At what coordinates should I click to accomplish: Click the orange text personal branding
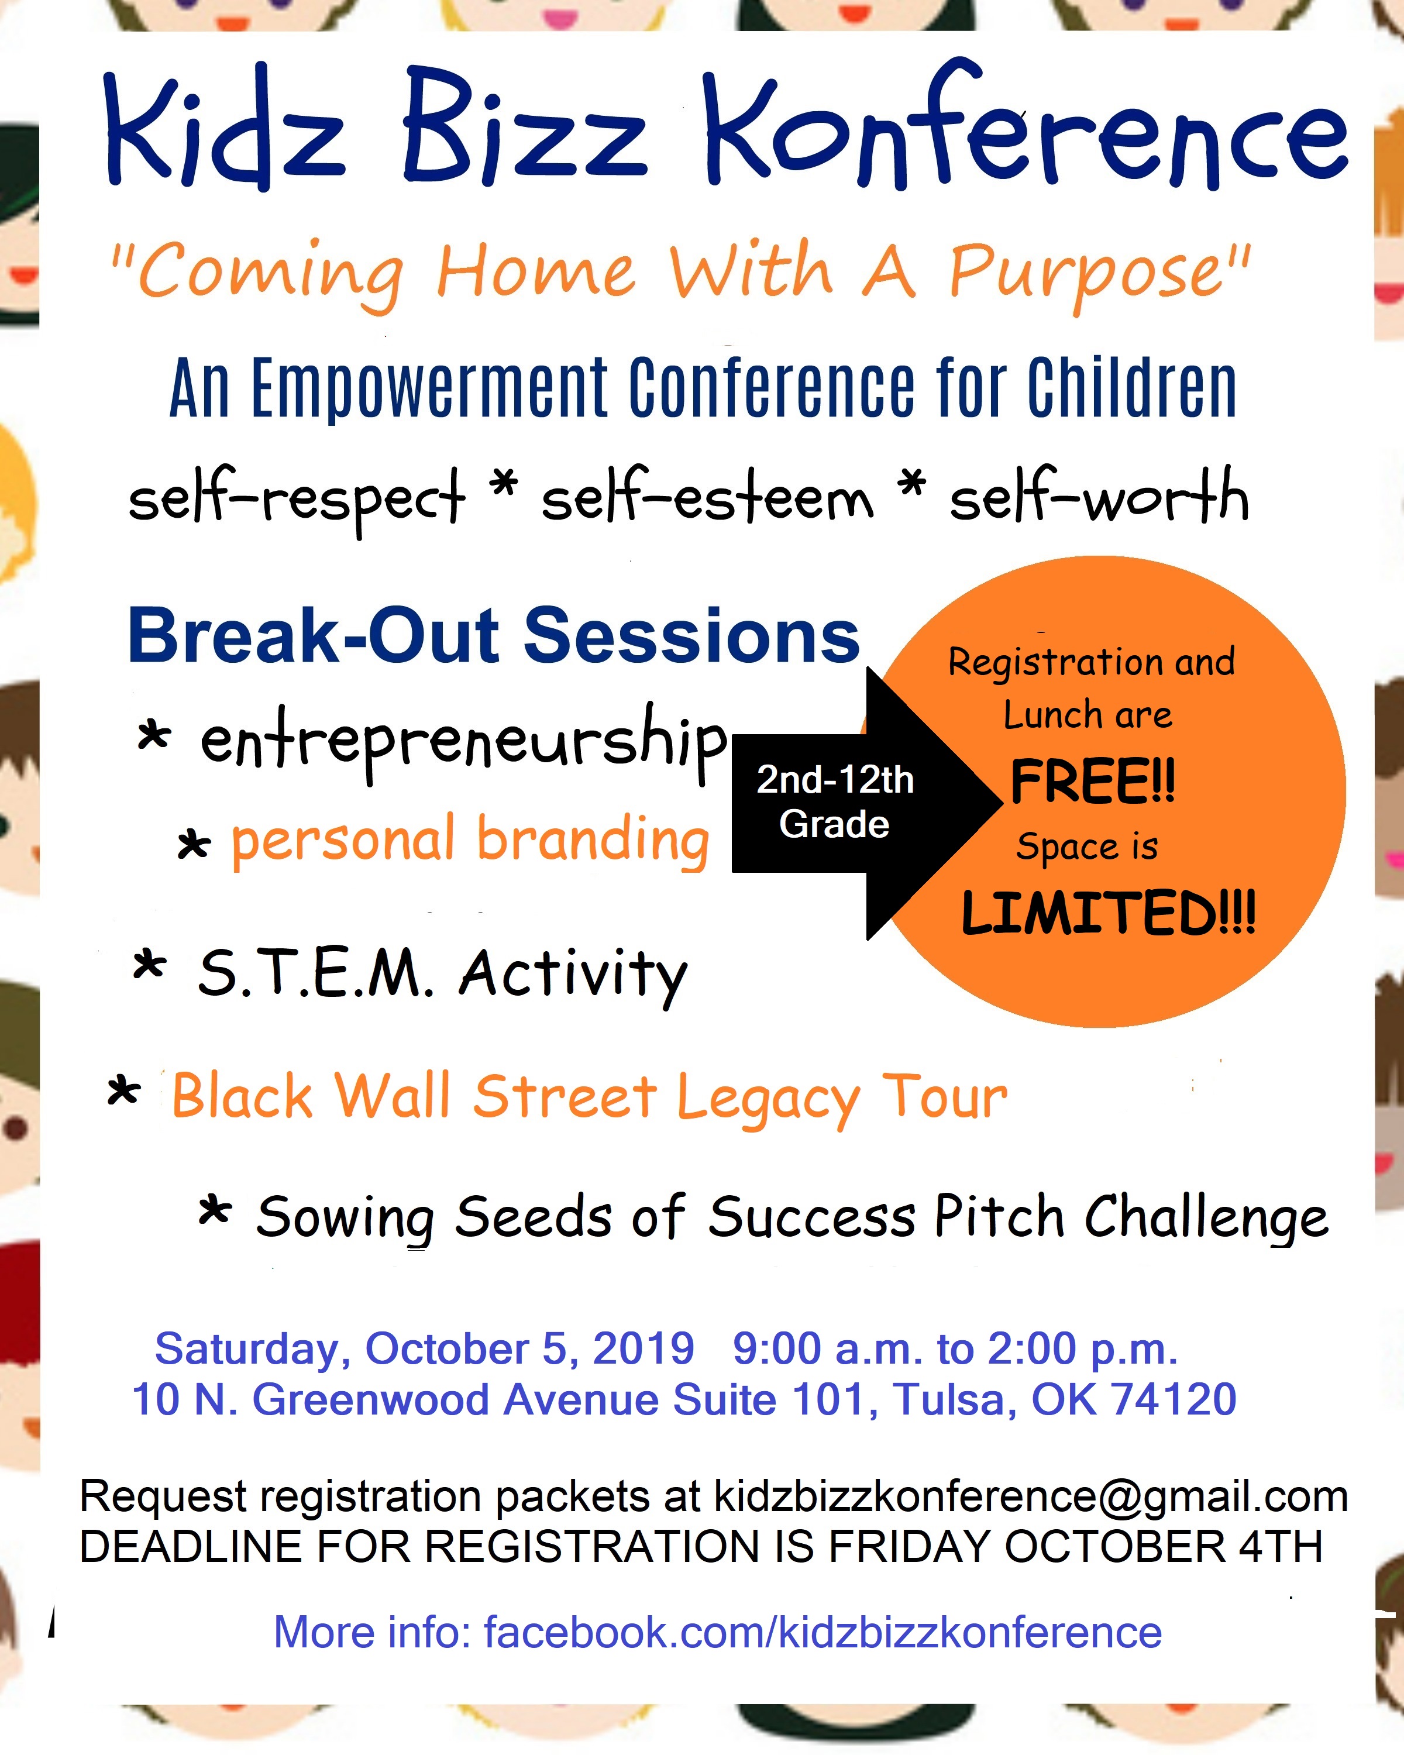click(x=470, y=840)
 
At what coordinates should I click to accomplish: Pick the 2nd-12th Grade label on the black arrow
click(x=835, y=802)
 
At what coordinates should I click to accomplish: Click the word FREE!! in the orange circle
click(x=1093, y=782)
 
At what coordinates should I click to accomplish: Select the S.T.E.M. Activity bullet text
click(x=443, y=975)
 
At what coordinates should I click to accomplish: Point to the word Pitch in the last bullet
click(x=1000, y=1216)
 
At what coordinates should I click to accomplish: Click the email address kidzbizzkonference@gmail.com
click(x=1031, y=1496)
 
